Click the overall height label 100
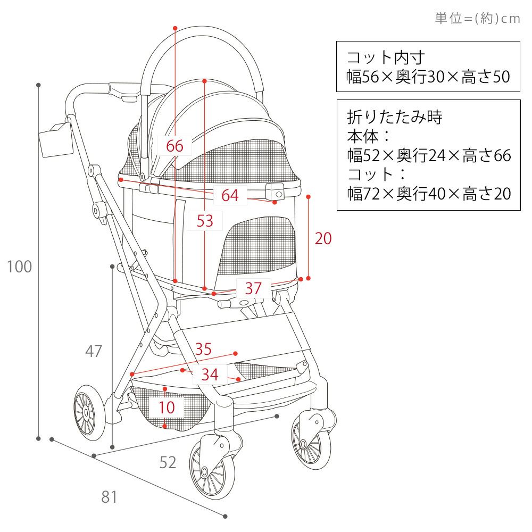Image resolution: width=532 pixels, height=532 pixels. coord(20,267)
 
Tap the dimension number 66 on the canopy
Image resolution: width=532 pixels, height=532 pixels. coord(174,145)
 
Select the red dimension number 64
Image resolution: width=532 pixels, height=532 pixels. coord(230,195)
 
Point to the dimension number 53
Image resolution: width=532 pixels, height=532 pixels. coord(205,220)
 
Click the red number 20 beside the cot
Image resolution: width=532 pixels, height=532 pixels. coord(323,238)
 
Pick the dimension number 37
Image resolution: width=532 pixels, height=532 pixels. coord(253,288)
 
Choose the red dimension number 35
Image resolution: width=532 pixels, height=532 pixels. coord(203,349)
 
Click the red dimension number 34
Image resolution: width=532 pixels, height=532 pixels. coord(210,375)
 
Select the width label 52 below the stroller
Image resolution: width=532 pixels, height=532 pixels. coord(168,463)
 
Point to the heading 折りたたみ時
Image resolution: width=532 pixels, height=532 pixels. coord(394,117)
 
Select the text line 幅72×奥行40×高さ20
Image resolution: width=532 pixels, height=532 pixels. coord(428,194)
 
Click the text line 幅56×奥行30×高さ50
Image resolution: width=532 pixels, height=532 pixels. coord(428,77)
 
